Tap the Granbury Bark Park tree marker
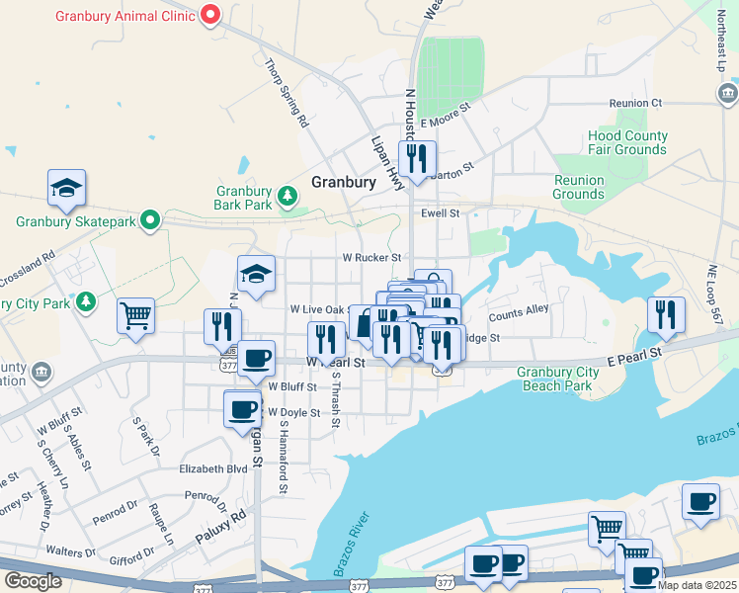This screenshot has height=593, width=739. [x=287, y=197]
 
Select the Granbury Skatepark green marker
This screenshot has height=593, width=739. [x=149, y=219]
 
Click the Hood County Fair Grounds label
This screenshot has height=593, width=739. [x=626, y=142]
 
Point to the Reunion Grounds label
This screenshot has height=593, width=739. [x=578, y=187]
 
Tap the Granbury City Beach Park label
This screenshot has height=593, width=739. [x=557, y=379]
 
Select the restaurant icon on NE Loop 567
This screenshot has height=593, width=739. [x=666, y=314]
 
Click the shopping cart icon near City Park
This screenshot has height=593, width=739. [x=135, y=316]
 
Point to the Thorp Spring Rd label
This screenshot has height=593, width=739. [x=287, y=94]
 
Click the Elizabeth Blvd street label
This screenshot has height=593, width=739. [x=212, y=468]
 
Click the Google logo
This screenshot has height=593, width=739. [x=33, y=581]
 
